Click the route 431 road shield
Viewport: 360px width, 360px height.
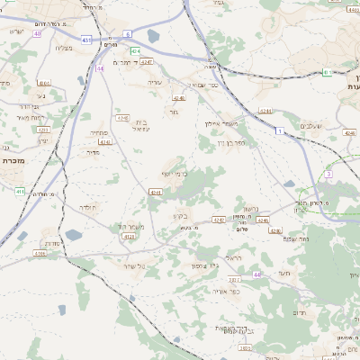(x=85, y=40)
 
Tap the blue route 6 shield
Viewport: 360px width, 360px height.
(x=128, y=33)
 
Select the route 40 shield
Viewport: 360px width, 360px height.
(x=38, y=33)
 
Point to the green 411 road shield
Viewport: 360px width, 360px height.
(x=20, y=191)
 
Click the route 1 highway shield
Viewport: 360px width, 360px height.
(x=280, y=131)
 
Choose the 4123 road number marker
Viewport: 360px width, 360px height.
(x=128, y=236)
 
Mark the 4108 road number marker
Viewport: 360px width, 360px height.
(x=40, y=255)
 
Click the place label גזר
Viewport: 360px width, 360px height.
(x=173, y=112)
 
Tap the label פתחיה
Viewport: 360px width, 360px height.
(x=98, y=133)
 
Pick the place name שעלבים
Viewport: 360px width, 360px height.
(x=309, y=127)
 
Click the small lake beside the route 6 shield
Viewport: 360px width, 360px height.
(x=153, y=37)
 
